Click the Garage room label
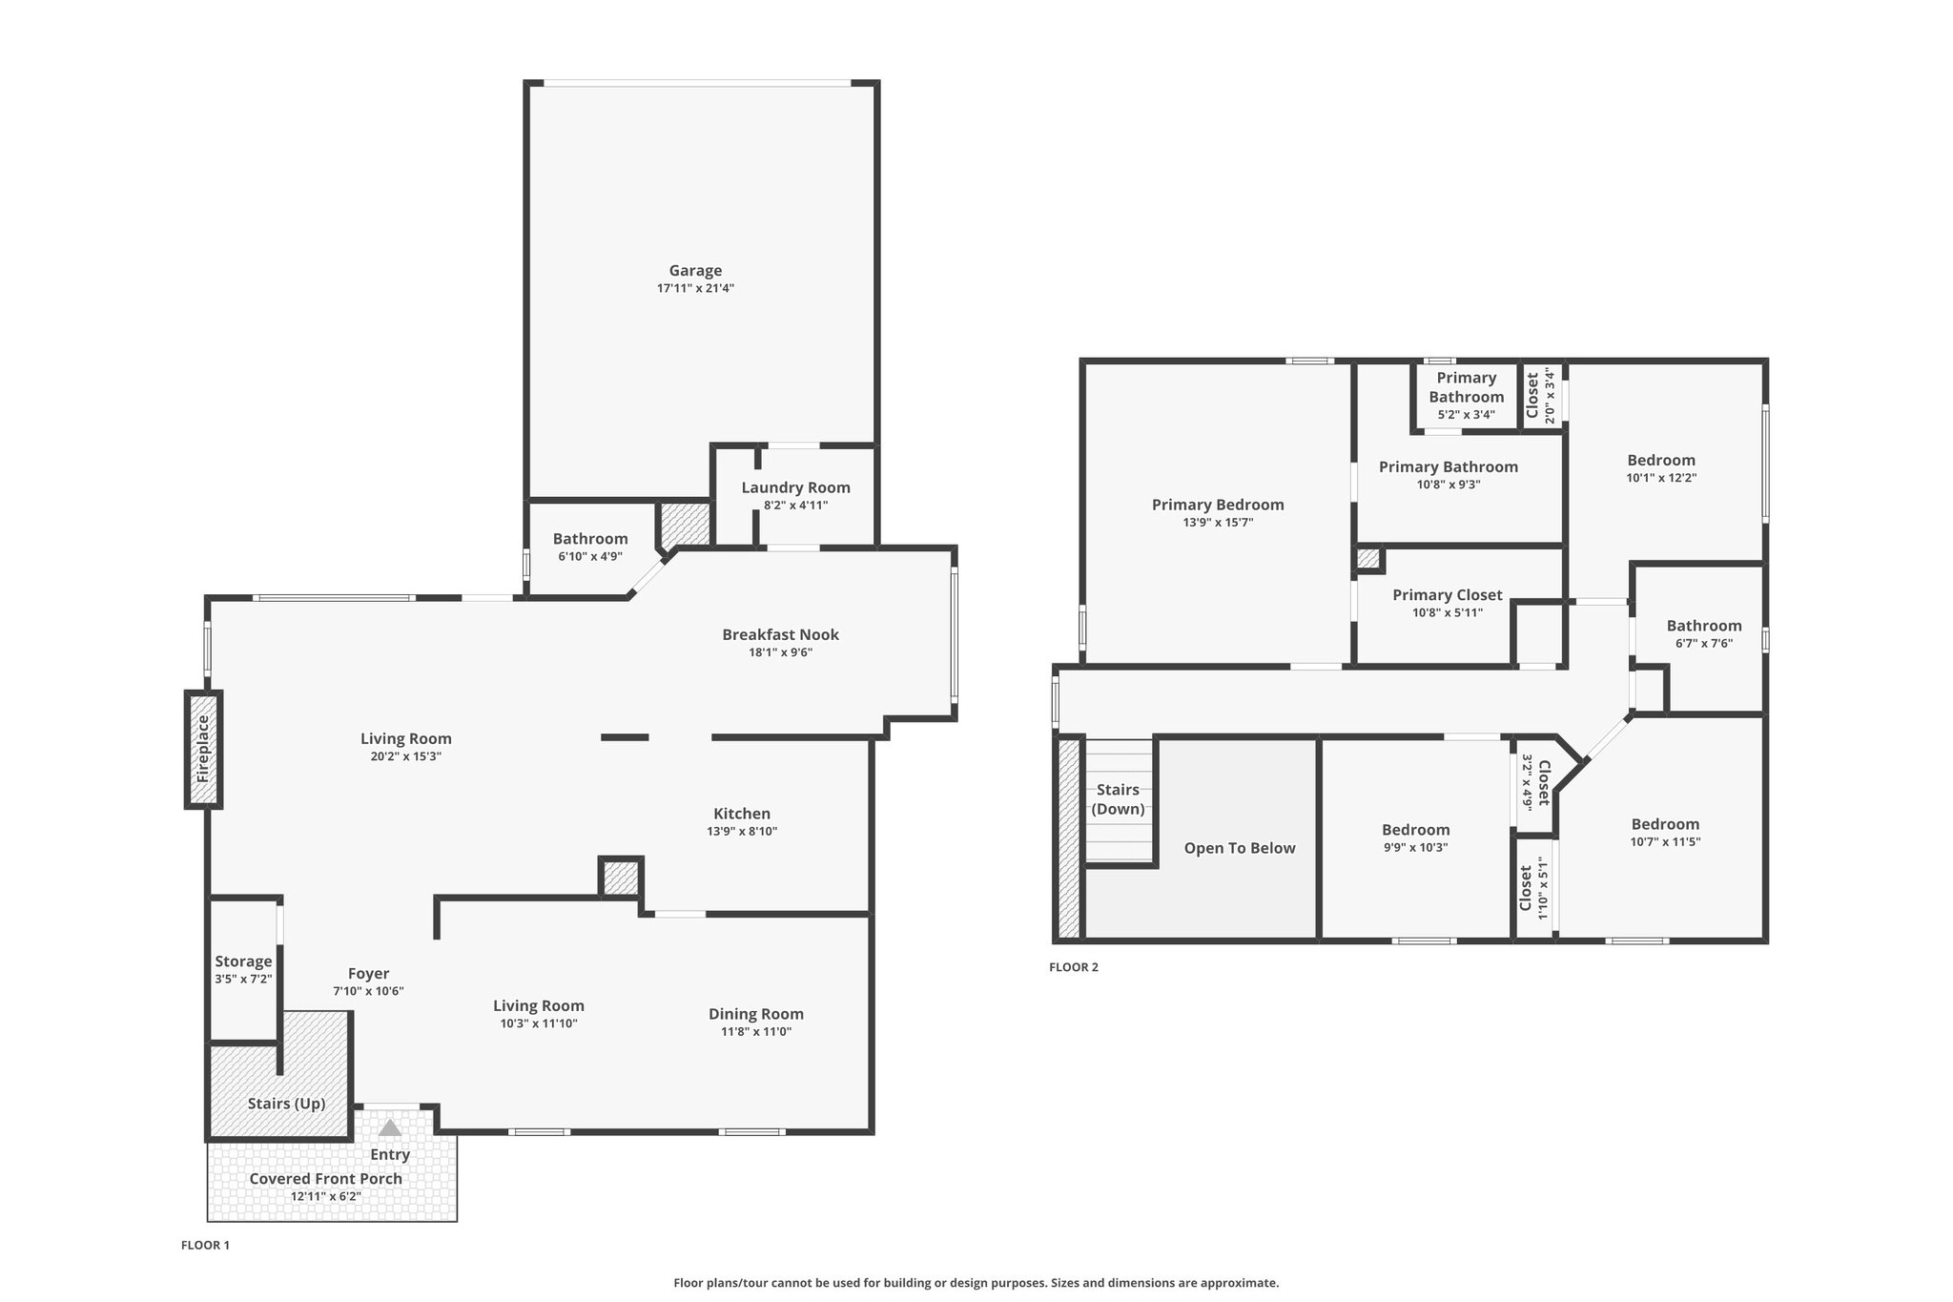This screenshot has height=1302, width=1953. pos(695,271)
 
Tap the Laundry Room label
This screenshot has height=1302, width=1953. pos(795,487)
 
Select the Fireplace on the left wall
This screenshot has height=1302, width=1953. pos(203,750)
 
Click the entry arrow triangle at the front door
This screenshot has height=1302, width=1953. pos(390,1128)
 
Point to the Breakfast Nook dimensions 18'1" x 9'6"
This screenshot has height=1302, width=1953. pos(780,652)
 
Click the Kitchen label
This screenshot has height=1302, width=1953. pos(742,814)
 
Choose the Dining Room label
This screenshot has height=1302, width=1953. pos(756,1014)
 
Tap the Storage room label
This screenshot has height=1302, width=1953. pos(243,961)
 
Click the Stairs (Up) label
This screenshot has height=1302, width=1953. pos(287,1104)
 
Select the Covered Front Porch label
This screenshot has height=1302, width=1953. pos(326,1179)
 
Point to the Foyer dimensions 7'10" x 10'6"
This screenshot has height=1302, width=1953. pos(368,991)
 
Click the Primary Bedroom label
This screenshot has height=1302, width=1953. pos(1218,505)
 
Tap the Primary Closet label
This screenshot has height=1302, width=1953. pos(1448,595)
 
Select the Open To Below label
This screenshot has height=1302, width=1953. pos(1240,848)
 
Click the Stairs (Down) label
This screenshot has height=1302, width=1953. pos(1118,799)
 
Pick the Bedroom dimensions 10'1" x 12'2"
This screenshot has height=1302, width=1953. pos(1661,478)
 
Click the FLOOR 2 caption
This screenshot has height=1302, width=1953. pos(1074,967)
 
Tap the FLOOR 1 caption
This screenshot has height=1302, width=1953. pos(206,1245)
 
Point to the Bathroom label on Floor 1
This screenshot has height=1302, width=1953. pos(590,539)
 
